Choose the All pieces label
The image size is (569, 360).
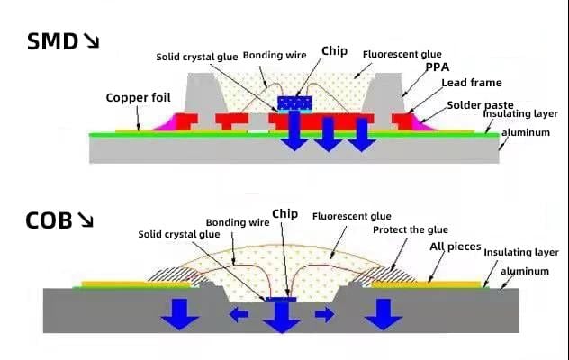[x=456, y=246]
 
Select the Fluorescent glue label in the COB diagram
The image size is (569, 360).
[x=351, y=216]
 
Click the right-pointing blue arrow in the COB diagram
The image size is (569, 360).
[x=324, y=314]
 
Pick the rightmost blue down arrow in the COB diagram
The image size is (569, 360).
[x=385, y=311]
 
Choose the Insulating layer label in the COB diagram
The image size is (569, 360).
[x=520, y=253]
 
